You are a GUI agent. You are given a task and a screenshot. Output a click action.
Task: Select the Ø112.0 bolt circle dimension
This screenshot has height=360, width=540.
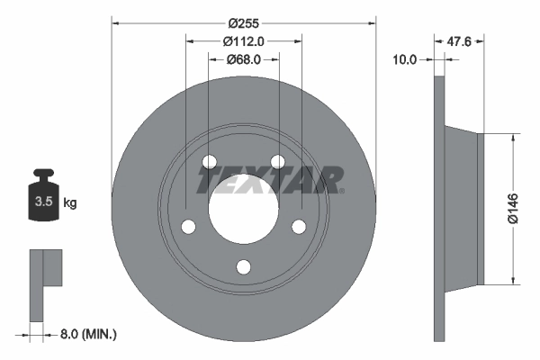point(242,40)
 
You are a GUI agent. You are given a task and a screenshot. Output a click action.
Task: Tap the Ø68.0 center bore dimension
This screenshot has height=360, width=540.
point(242,59)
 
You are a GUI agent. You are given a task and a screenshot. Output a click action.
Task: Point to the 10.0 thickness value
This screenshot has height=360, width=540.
point(406,60)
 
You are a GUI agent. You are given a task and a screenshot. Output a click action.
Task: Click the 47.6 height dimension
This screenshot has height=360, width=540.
point(460,40)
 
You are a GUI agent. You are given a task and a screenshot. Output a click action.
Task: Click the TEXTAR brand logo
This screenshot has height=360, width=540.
point(271,180)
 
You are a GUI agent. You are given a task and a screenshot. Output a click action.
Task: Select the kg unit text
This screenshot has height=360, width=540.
point(70,203)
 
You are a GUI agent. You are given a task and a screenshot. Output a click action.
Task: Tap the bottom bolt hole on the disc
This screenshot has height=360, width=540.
point(243,266)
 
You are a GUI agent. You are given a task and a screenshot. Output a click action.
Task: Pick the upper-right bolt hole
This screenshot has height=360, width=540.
point(278,162)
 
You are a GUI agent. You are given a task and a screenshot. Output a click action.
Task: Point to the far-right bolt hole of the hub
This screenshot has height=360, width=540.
point(299,227)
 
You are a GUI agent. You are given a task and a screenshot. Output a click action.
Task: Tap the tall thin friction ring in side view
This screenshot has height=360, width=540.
point(439,207)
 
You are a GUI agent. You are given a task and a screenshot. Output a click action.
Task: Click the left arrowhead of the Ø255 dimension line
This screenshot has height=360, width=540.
point(115,21)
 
